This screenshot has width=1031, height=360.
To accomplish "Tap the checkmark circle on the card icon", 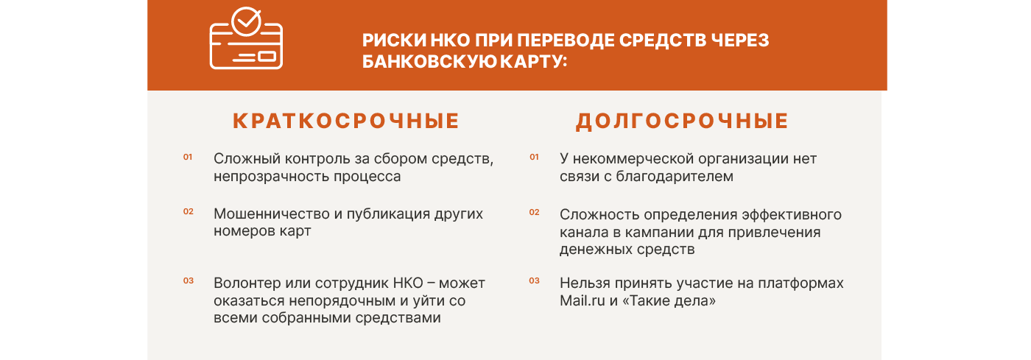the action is point(246,21).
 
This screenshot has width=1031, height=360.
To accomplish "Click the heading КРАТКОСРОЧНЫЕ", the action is point(346,121).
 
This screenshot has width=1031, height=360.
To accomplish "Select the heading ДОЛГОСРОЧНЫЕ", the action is point(683,121).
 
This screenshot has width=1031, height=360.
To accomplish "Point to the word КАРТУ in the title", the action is point(533,61).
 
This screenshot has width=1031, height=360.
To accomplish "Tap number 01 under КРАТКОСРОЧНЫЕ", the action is point(188,157).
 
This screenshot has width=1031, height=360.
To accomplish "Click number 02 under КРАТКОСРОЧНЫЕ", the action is point(189,211).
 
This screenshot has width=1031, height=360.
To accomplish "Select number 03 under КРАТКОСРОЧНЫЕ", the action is point(189,280).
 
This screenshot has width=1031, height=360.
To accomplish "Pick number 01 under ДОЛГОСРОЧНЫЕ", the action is point(534,157).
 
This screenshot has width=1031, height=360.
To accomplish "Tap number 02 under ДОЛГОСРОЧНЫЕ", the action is point(534,212).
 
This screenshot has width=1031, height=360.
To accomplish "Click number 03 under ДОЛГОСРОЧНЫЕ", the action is point(534,280).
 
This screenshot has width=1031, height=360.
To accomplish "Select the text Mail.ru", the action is point(583,300).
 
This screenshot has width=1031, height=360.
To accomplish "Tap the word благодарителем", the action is point(675,177).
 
